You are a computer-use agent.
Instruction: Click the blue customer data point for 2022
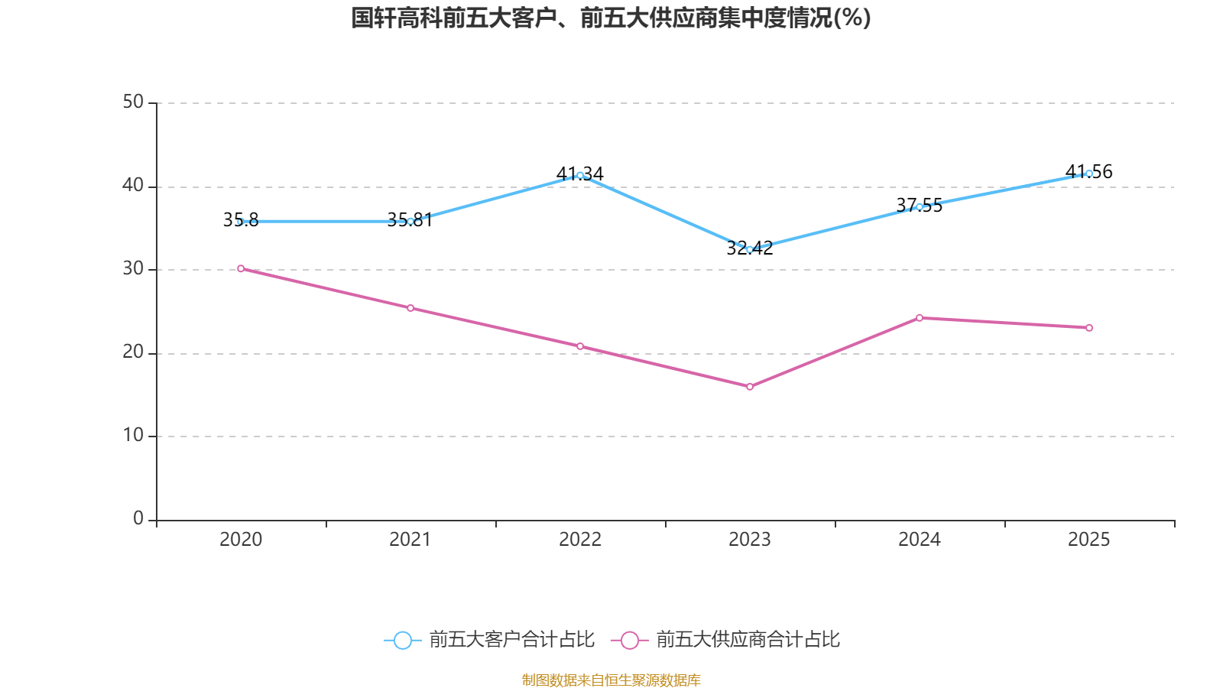580,175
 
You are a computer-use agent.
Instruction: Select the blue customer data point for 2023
750,249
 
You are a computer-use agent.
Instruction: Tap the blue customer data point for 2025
1089,174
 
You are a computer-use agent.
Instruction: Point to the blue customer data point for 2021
410,221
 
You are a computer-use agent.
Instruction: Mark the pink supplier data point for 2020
241,268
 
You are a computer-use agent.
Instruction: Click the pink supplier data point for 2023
750,387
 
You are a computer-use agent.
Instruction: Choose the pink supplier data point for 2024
920,317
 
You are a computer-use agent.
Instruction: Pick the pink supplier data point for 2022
580,346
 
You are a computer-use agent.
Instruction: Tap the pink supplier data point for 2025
1089,328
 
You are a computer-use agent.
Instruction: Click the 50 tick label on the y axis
133,102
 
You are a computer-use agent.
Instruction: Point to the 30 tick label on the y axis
133,269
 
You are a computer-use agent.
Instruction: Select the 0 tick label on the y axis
138,519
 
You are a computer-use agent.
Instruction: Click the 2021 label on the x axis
410,540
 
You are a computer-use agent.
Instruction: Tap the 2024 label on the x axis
920,540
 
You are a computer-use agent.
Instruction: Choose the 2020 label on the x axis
241,540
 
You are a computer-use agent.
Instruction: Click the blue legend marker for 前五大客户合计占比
403,640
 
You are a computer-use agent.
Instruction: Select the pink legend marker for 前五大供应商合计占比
630,640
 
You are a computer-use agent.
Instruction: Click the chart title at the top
611,18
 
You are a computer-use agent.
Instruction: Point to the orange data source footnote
611,680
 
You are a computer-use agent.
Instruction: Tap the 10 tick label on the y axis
133,436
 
